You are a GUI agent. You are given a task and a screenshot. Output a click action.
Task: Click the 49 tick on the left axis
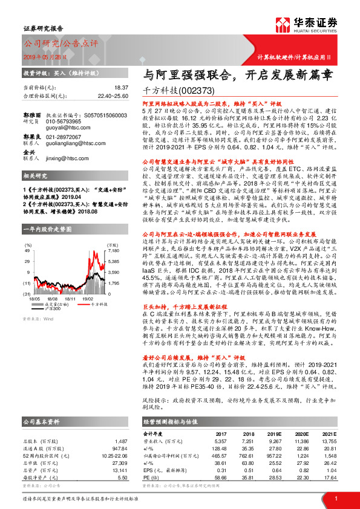point(27,232)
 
